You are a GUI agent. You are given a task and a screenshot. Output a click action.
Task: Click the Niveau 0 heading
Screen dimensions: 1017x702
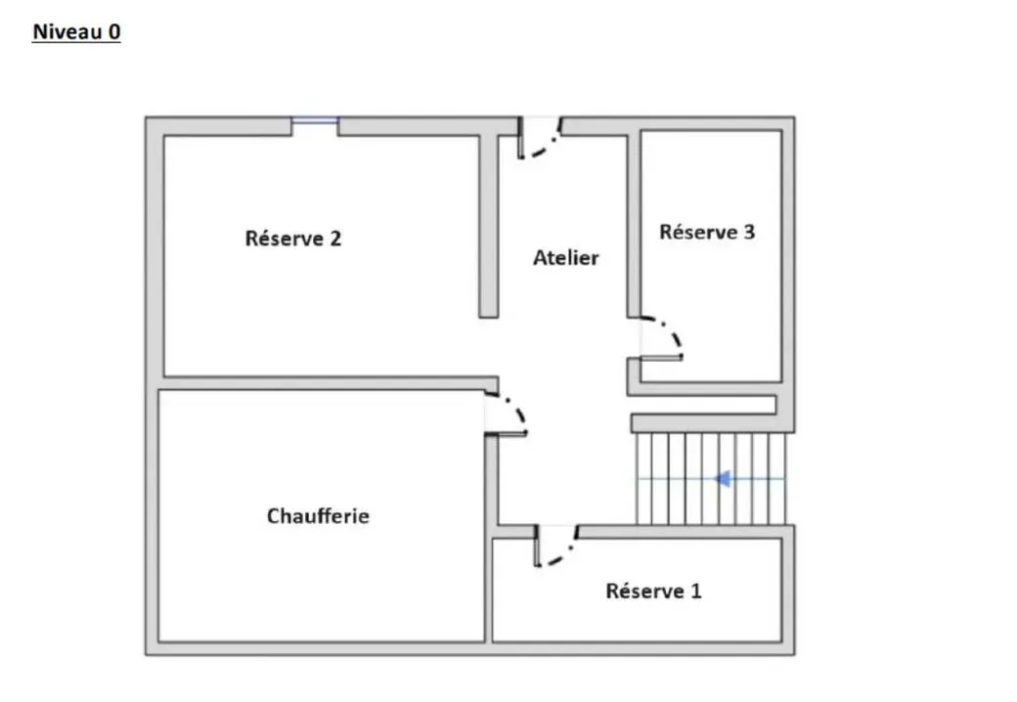pos(76,31)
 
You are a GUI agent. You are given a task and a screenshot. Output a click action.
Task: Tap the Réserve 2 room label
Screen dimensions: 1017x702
pos(293,239)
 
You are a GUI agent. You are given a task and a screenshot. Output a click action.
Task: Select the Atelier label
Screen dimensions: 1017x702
pos(566,258)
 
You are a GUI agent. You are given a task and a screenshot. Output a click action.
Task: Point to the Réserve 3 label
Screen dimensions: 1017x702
pos(707,232)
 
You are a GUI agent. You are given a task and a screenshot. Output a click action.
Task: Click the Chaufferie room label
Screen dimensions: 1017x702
pos(318,516)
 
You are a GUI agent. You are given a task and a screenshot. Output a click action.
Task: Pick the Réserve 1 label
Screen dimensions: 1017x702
pos(654,592)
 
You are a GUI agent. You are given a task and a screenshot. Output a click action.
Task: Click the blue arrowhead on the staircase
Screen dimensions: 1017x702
pos(722,479)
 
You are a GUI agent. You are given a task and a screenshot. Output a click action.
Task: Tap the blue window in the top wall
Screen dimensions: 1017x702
pos(315,120)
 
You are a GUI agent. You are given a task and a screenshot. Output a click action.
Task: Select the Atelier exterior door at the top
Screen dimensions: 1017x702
pos(540,138)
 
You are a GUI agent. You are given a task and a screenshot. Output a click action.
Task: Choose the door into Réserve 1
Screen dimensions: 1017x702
pos(556,546)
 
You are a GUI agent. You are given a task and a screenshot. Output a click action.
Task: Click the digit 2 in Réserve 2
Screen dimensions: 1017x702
pos(335,239)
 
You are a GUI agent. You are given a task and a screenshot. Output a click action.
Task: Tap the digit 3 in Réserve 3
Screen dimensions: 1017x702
pos(749,232)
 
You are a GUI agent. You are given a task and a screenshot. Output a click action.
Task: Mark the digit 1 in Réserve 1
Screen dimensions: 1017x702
pos(696,592)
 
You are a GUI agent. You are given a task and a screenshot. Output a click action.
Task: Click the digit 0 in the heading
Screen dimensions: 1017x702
pos(114,31)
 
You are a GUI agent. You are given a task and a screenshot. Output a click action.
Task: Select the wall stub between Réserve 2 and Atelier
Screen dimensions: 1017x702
pos(489,226)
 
